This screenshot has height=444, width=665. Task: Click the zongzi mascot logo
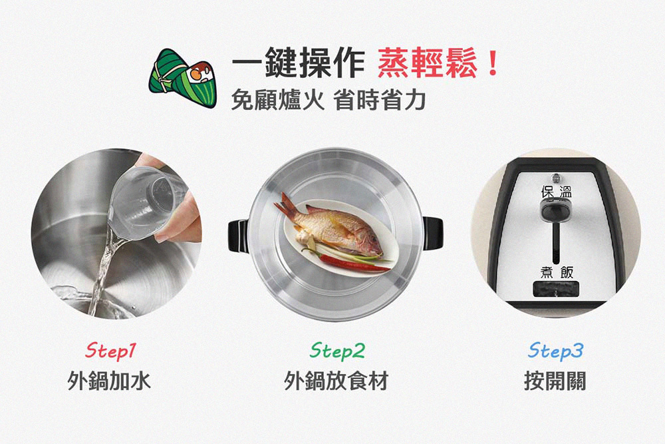[182, 79]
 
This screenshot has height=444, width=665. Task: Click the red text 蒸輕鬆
[427, 63]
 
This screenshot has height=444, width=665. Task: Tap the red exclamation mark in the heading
[493, 63]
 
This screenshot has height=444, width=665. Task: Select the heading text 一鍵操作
[298, 63]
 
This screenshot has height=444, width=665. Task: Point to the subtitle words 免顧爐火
[278, 101]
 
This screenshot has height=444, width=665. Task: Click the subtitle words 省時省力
[379, 101]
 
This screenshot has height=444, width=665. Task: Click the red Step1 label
[110, 351]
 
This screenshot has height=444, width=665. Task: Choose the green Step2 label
[336, 351]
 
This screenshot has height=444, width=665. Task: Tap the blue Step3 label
[555, 351]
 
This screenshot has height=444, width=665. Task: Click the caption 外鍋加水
[110, 380]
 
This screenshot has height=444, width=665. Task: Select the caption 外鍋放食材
[336, 380]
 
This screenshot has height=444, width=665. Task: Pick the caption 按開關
[555, 380]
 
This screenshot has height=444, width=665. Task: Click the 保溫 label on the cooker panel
[556, 192]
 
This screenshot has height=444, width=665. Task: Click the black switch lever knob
[555, 211]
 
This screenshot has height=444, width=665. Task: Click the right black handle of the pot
[433, 233]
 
